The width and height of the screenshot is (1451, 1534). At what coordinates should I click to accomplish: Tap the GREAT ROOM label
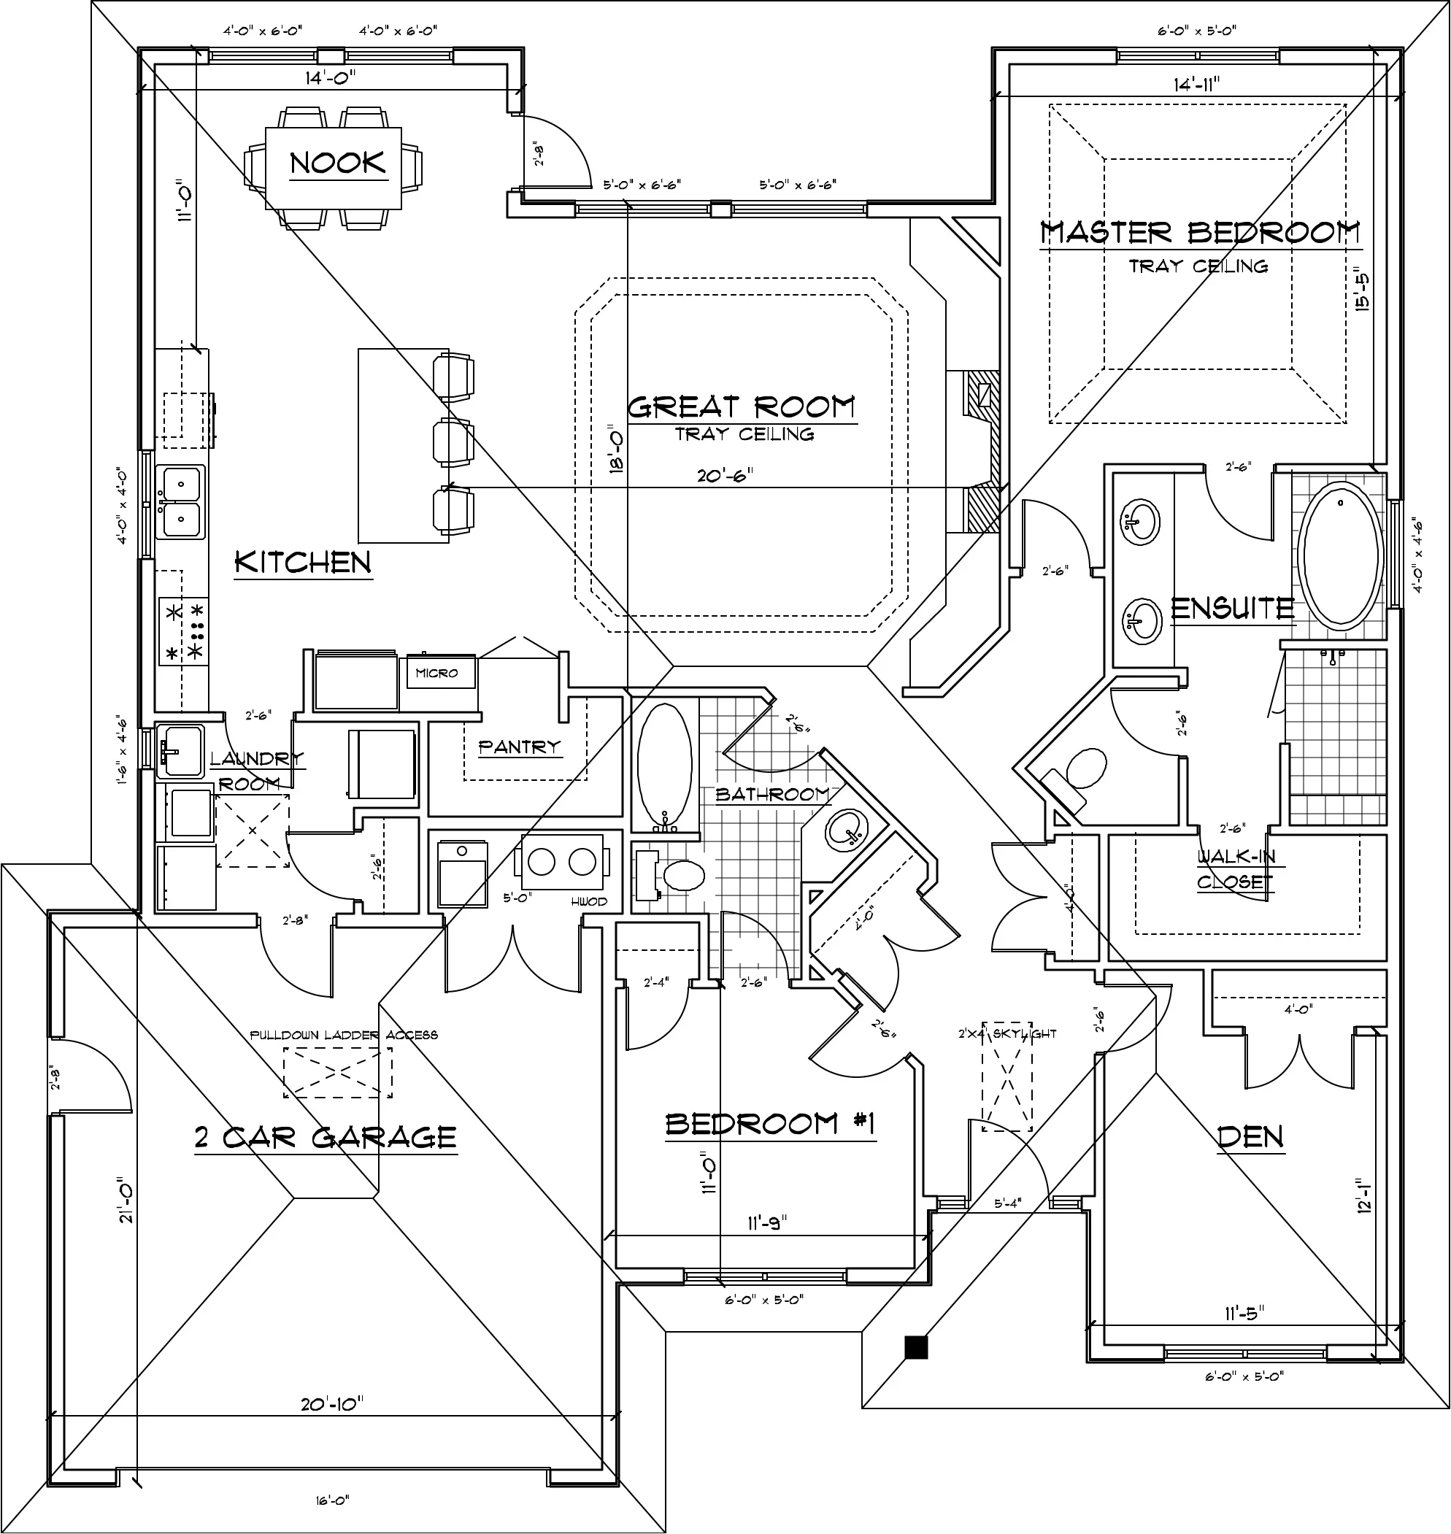pos(741,406)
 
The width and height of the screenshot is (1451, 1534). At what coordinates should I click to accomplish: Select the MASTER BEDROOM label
pos(1200,232)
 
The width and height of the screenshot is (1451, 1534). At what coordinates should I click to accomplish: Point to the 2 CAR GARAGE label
pos(326,1137)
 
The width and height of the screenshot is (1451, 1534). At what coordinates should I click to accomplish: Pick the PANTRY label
pos(519,747)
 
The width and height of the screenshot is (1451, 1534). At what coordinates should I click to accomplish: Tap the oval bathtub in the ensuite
pos(1340,560)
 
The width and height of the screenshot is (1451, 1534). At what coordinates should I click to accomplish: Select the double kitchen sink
pos(180,502)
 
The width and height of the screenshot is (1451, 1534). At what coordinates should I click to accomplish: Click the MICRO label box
pos(437,674)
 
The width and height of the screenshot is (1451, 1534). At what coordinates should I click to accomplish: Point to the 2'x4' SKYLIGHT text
pos(1007,1034)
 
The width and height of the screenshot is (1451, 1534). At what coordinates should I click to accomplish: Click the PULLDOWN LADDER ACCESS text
pos(344,1036)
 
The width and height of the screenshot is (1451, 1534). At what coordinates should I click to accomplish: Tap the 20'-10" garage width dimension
pos(332,1403)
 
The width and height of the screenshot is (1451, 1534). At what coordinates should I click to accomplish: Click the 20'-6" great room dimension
pos(725,476)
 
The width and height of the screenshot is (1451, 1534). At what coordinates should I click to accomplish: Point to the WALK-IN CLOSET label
pos(1235,869)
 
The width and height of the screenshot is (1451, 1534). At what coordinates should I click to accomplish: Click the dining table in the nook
pos(334,167)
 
